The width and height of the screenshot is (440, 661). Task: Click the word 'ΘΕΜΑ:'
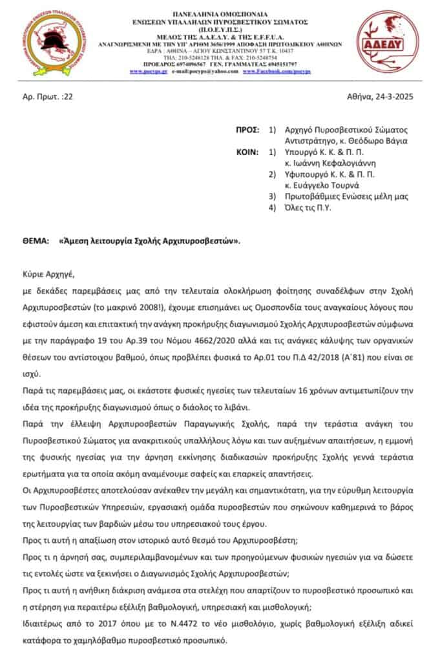coord(36,240)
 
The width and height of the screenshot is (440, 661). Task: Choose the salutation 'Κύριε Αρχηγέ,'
coord(48,274)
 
